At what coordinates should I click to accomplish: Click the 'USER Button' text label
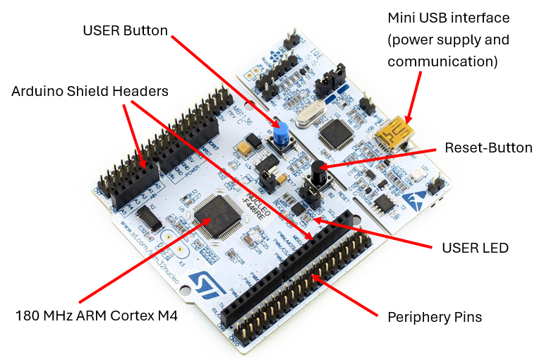click(125, 30)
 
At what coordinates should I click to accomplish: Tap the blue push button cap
click(282, 132)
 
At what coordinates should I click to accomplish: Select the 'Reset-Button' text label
click(488, 148)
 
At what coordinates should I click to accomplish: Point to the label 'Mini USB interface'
click(449, 18)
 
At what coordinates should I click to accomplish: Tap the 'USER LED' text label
click(475, 248)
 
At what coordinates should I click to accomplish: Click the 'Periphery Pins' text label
click(435, 317)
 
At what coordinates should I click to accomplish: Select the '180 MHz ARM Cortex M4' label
click(97, 316)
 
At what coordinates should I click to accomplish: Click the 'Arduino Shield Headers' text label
click(90, 91)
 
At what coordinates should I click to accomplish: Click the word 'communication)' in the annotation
click(442, 61)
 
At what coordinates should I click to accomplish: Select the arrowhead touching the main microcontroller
click(206, 221)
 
